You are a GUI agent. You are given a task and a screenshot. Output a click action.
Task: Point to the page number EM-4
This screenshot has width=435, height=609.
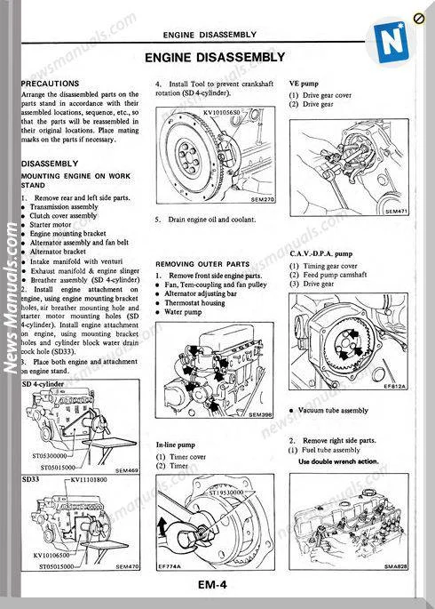(217, 584)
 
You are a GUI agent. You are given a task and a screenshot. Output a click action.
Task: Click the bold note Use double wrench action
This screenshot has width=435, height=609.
(338, 461)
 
